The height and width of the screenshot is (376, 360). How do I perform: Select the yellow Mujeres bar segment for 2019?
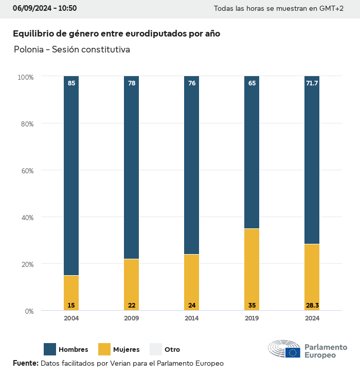click(251, 267)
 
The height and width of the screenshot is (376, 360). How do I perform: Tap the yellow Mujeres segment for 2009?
click(131, 283)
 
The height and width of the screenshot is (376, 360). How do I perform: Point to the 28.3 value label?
click(312, 306)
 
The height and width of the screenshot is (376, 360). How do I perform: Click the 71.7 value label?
click(312, 83)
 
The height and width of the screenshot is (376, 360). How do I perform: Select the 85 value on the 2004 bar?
click(71, 83)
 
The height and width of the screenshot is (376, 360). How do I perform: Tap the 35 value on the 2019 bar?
click(252, 306)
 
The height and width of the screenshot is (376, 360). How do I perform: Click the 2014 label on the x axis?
click(192, 318)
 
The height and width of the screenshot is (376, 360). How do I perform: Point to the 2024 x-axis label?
click(312, 318)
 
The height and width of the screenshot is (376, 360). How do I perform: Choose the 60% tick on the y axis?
click(26, 171)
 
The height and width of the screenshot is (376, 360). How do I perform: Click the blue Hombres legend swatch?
click(50, 349)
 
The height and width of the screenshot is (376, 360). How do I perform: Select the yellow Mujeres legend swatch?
click(104, 349)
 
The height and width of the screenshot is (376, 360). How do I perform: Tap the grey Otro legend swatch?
click(156, 349)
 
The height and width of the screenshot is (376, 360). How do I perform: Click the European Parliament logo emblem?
click(284, 349)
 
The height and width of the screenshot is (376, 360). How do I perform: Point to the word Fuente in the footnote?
click(25, 363)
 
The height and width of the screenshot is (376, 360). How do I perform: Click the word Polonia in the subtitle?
click(29, 50)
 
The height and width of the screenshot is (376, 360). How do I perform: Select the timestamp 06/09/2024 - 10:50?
click(45, 8)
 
